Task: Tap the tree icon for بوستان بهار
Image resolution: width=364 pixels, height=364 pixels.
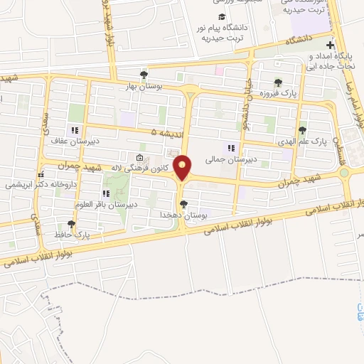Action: (144, 75)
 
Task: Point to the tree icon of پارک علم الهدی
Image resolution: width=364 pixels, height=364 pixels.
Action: (303, 129)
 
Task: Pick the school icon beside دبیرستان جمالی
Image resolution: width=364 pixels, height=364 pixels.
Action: (230, 148)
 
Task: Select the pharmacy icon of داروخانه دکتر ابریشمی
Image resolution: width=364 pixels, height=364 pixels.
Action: (42, 173)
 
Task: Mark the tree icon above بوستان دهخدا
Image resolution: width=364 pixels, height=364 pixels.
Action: (183, 204)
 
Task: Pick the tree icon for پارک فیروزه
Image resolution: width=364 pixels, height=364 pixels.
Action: (277, 82)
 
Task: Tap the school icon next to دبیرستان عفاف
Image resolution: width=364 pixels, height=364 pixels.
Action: (73, 130)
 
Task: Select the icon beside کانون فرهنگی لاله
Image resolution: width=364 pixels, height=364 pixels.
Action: (139, 158)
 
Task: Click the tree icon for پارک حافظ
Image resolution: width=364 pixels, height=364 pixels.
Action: (70, 224)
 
